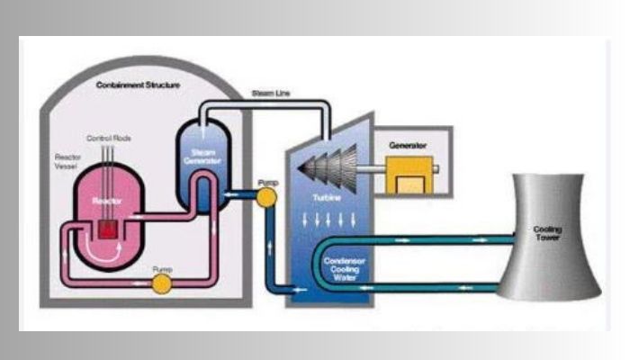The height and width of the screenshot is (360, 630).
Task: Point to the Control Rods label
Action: (104, 138)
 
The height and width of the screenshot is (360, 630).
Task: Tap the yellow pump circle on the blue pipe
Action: (266, 197)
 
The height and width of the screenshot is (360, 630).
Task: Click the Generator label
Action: (407, 144)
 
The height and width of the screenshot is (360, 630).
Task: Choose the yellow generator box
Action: (409, 174)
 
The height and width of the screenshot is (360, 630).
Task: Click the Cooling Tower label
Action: (548, 235)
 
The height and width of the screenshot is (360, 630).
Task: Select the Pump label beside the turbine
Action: (267, 183)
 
